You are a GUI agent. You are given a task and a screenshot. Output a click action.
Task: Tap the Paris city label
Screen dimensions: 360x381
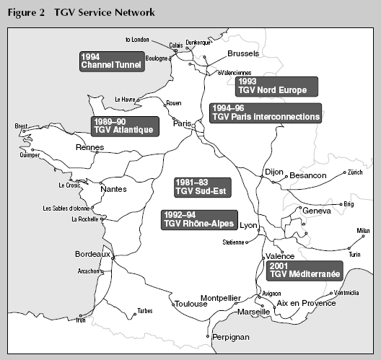click(x=181, y=123)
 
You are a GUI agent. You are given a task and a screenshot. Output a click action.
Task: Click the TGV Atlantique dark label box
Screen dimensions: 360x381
click(x=123, y=126)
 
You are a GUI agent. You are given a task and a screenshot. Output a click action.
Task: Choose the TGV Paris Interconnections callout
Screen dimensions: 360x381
click(x=266, y=112)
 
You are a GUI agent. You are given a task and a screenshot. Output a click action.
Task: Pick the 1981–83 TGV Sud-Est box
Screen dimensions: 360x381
click(x=203, y=187)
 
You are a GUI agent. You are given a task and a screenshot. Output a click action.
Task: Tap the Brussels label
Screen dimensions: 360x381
click(x=242, y=54)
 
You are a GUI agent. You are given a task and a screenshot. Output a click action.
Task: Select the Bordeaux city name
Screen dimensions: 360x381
click(x=92, y=254)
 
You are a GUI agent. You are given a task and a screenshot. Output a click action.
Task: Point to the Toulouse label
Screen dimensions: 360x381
click(x=191, y=304)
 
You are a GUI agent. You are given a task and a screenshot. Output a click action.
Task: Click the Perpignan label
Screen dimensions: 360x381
click(x=230, y=337)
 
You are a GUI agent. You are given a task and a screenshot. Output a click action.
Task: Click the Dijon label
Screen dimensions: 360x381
click(x=274, y=173)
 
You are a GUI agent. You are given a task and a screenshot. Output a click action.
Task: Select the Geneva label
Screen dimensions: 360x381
click(x=317, y=211)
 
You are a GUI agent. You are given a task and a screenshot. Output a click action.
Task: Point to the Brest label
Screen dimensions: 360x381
click(x=21, y=126)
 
